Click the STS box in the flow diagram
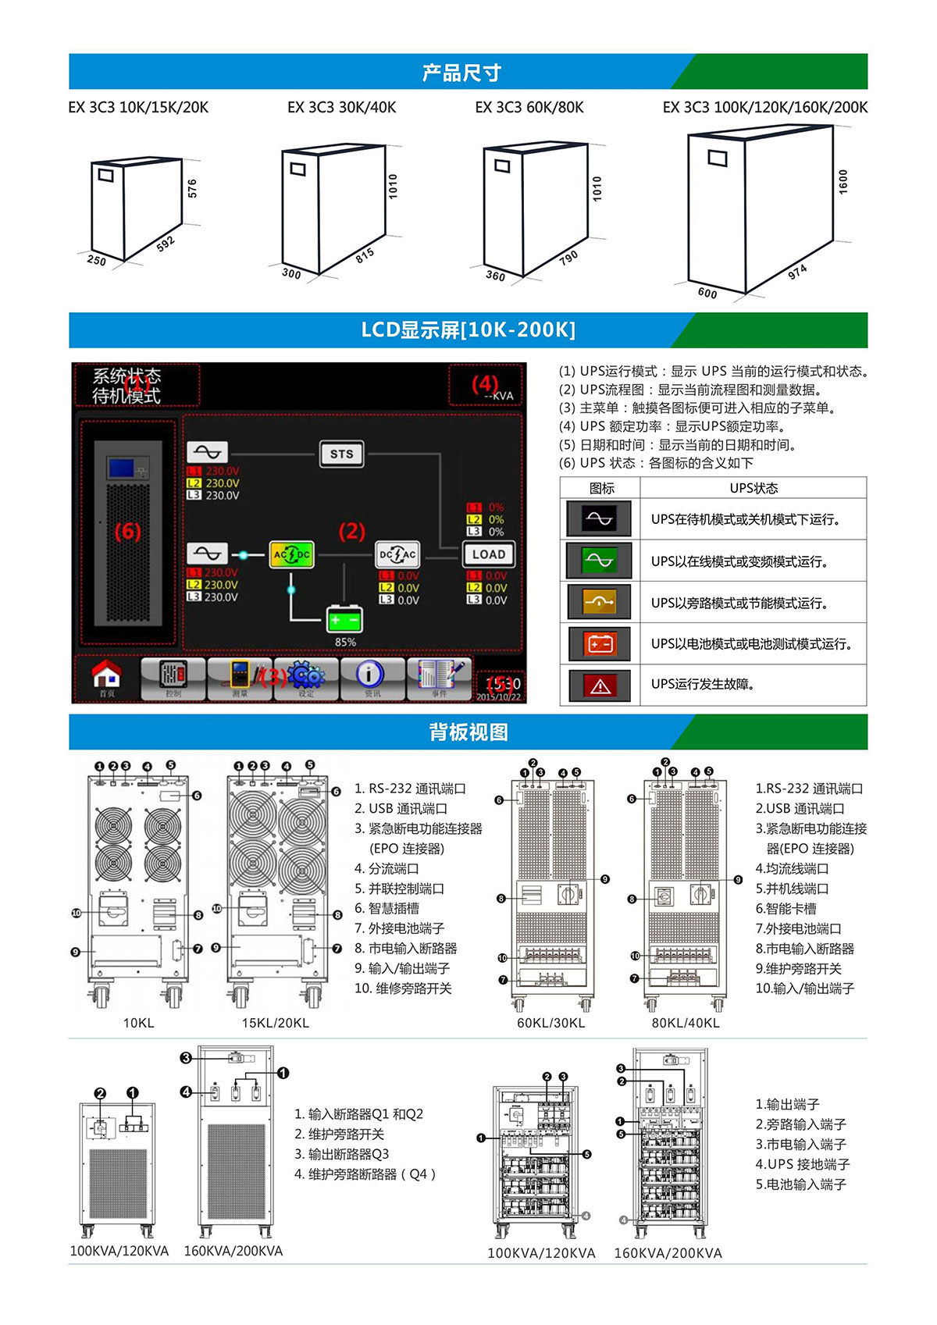[x=342, y=454]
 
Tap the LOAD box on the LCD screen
[x=489, y=554]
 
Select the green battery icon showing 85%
[x=344, y=619]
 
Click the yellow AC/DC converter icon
[x=291, y=554]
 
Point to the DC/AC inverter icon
[x=397, y=554]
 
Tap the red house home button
[x=107, y=675]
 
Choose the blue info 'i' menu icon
[x=370, y=675]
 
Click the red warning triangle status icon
[x=600, y=685]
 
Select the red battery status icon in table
[x=600, y=643]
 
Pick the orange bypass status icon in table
[x=600, y=602]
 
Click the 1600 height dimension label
[x=843, y=182]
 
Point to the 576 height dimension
[x=192, y=188]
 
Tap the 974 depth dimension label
[x=797, y=272]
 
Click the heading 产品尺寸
[x=461, y=73]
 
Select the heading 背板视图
[x=468, y=732]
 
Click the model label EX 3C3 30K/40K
[x=341, y=108]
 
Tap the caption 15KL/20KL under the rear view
[x=275, y=1023]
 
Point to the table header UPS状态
[x=753, y=488]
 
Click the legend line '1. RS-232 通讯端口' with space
[x=410, y=789]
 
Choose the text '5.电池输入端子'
[x=800, y=1184]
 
